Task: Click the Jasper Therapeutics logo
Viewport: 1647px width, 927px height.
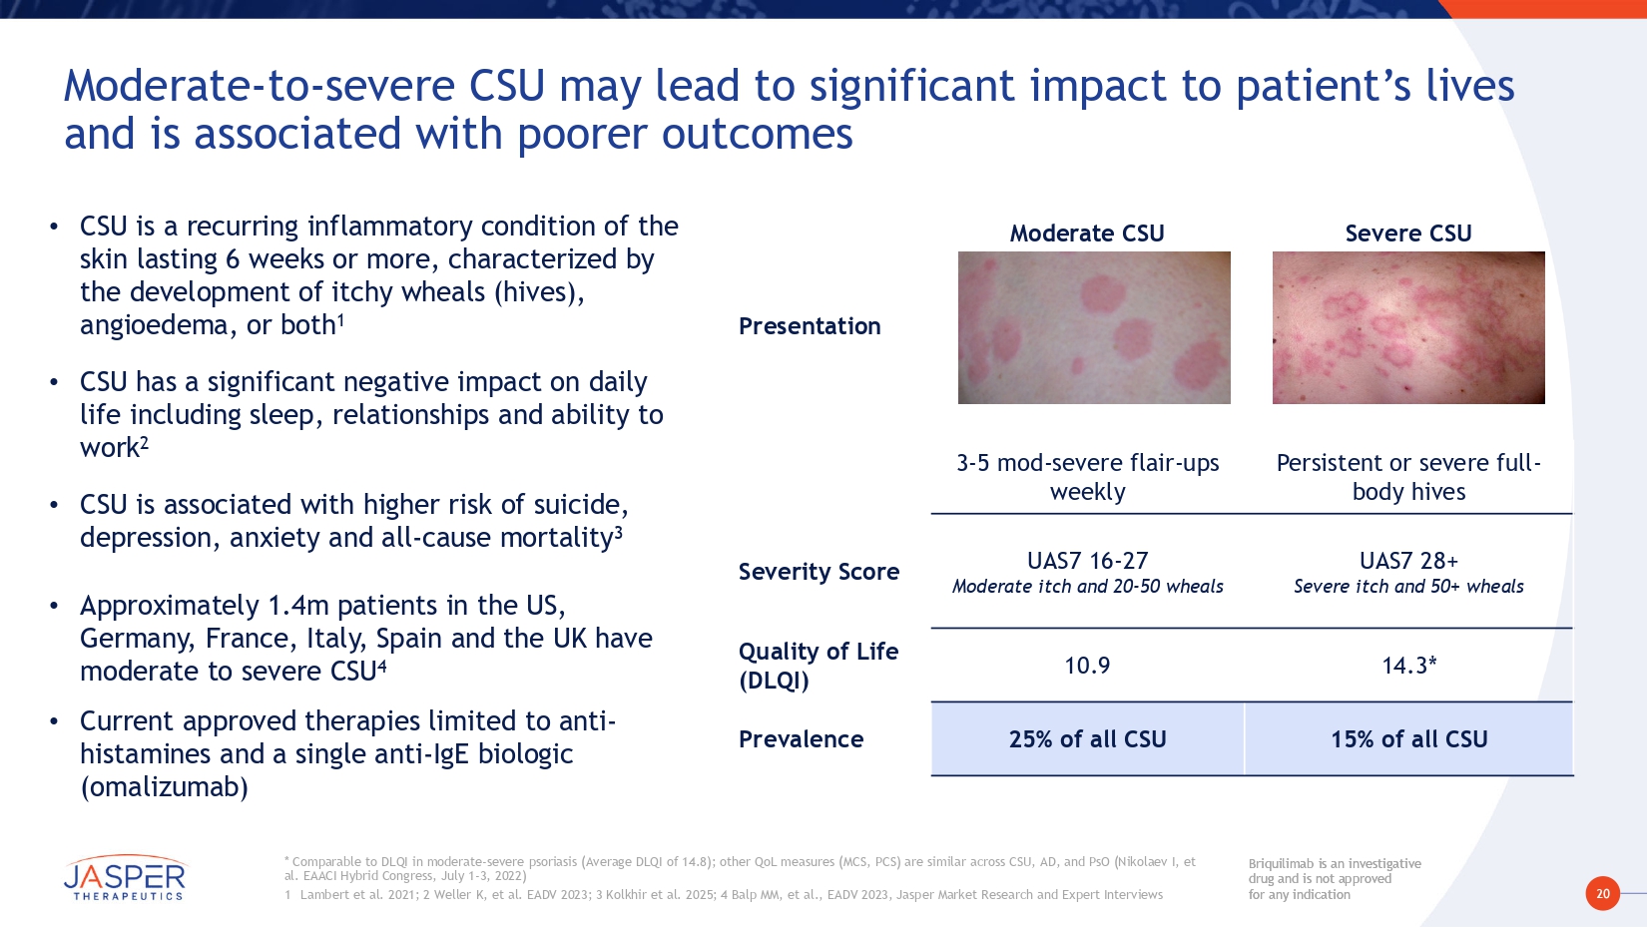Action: click(125, 878)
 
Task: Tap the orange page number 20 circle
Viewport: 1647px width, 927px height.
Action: click(1603, 894)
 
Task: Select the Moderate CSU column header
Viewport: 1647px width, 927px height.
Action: click(1087, 233)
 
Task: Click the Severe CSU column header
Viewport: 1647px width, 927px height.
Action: click(1408, 233)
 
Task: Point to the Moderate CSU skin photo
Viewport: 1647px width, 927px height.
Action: click(1094, 328)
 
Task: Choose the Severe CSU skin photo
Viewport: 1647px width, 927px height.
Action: click(1408, 328)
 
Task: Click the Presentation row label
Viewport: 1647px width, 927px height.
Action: click(810, 326)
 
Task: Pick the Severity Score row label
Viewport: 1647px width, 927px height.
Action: click(819, 571)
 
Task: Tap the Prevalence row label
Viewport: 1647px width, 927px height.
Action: click(801, 738)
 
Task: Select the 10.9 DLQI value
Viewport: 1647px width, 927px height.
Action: click(1087, 666)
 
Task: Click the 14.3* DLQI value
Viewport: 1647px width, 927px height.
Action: click(1408, 666)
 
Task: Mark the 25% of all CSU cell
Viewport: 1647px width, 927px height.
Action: click(1087, 738)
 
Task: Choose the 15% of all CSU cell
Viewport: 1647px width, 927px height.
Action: click(1408, 738)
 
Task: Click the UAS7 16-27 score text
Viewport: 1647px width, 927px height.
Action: click(1087, 561)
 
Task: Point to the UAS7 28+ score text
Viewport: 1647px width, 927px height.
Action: click(1408, 561)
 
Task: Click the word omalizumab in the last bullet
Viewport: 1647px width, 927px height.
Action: click(164, 787)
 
